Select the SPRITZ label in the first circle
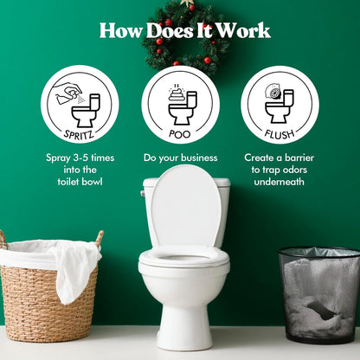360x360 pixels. click(80, 134)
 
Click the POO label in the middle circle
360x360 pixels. click(180, 134)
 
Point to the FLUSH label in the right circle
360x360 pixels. click(280, 134)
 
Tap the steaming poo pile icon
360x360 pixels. click(177, 93)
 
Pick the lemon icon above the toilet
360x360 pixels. click(273, 93)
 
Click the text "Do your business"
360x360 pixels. click(181, 157)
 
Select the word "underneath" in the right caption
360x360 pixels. click(279, 182)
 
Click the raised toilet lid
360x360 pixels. click(185, 208)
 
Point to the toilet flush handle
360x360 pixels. click(143, 193)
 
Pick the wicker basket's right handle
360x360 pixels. click(100, 239)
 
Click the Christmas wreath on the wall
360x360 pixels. click(183, 37)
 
